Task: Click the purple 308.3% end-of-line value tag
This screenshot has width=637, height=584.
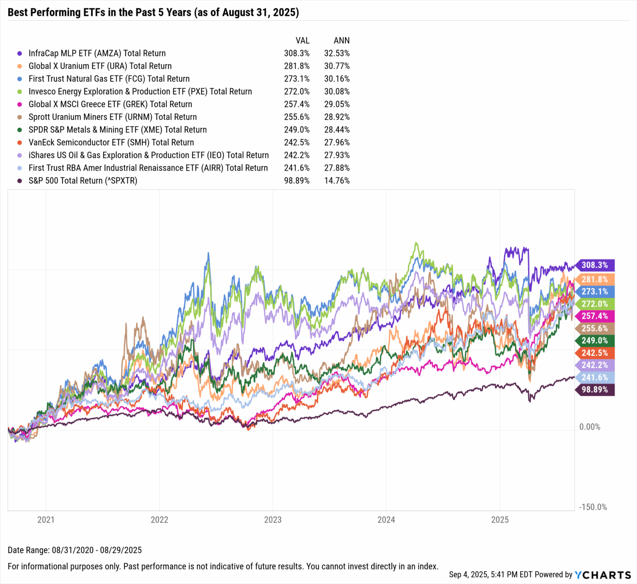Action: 594,265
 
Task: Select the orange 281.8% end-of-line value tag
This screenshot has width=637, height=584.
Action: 594,279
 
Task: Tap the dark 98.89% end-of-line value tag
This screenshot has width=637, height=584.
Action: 594,390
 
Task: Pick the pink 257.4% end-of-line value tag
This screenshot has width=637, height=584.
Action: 594,316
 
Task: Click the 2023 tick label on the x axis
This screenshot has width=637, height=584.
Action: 272,520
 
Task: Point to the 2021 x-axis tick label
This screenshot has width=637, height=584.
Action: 46,520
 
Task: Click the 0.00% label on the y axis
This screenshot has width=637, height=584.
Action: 589,427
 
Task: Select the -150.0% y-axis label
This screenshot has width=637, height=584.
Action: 593,507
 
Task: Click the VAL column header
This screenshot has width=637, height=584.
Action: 302,41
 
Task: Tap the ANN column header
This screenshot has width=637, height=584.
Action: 342,41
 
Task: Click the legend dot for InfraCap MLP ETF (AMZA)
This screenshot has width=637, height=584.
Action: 19,53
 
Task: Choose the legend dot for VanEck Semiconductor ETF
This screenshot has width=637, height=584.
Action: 19,143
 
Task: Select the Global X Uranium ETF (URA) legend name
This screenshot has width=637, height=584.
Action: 100,66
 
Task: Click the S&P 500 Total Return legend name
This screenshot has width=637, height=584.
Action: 83,181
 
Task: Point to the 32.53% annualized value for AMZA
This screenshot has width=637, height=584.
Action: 337,53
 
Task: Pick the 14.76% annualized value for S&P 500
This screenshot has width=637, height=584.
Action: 337,181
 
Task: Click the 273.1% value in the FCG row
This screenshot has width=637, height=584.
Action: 297,79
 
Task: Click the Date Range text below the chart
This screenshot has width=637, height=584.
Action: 75,550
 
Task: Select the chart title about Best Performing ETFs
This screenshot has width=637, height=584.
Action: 153,12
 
